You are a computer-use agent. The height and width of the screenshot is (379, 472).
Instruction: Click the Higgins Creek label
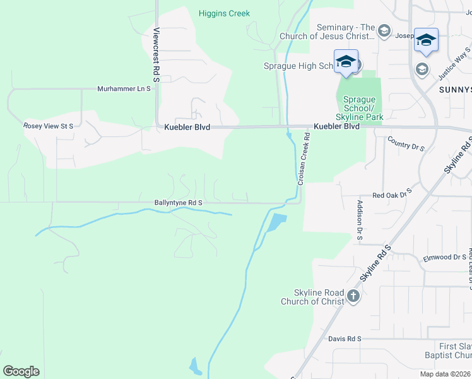click(224, 13)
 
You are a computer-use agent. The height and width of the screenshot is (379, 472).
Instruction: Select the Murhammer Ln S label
click(124, 89)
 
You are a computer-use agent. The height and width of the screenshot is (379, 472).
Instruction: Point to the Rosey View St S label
click(49, 126)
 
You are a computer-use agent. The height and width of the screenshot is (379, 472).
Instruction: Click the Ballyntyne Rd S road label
click(178, 203)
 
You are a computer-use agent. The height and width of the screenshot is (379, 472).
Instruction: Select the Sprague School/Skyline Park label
click(359, 109)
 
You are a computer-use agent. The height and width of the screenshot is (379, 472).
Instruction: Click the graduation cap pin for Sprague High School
click(346, 61)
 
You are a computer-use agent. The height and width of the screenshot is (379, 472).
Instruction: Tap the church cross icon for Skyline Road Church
click(353, 296)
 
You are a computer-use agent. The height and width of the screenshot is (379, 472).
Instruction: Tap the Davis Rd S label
click(345, 339)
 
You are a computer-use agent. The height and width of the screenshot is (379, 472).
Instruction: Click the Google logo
click(21, 371)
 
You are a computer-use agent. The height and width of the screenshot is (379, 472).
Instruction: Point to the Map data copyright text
click(445, 374)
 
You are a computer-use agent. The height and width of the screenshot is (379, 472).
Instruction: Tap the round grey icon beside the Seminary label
click(384, 32)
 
